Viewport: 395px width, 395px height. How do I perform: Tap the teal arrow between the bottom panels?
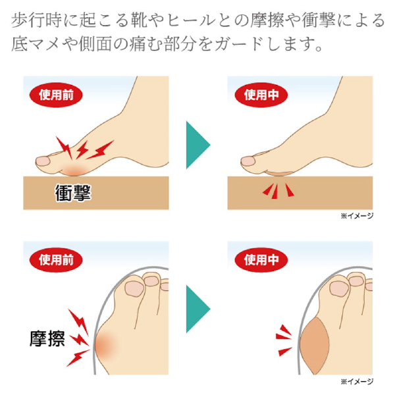coord(197,307)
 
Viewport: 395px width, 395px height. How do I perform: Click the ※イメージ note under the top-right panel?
coord(356,215)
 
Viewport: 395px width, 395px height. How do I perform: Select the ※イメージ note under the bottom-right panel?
coord(356,381)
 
